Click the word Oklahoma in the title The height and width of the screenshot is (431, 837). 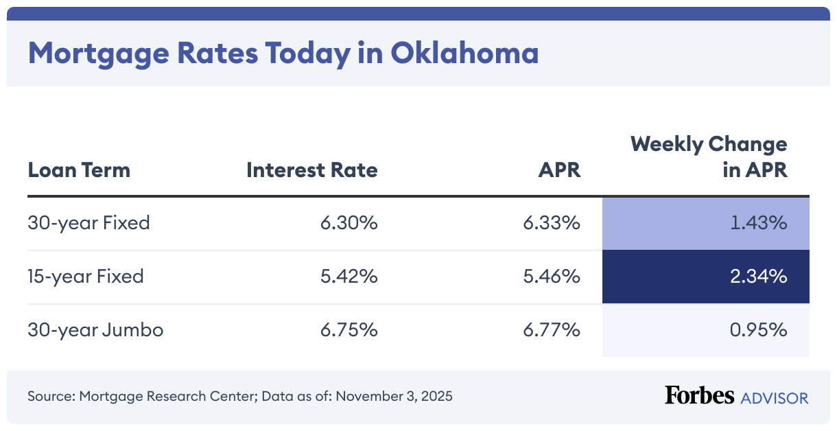pyautogui.click(x=464, y=53)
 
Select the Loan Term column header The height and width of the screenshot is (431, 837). pyautogui.click(x=79, y=170)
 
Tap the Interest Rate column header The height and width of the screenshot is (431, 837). pyautogui.click(x=312, y=170)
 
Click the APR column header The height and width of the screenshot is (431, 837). pyautogui.click(x=559, y=170)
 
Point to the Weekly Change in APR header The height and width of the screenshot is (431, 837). pyautogui.click(x=709, y=156)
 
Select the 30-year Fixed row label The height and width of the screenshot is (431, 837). pyautogui.click(x=89, y=223)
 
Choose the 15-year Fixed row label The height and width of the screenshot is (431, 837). pyautogui.click(x=86, y=277)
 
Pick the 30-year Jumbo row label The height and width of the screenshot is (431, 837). pyautogui.click(x=95, y=330)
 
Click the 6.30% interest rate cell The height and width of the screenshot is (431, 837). pyautogui.click(x=349, y=223)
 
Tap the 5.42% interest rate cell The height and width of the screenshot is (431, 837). pyautogui.click(x=349, y=277)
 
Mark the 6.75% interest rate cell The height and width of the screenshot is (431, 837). pyautogui.click(x=349, y=330)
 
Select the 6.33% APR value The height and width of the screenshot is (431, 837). pyautogui.click(x=552, y=223)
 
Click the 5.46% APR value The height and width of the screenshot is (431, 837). pyautogui.click(x=552, y=277)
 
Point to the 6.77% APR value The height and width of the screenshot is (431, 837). pyautogui.click(x=552, y=330)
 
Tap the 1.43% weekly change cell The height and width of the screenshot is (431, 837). pyautogui.click(x=757, y=223)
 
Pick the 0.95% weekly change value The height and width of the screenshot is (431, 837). pyautogui.click(x=757, y=330)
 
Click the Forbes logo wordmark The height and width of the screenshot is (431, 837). pyautogui.click(x=698, y=396)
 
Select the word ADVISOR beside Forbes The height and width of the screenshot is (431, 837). pyautogui.click(x=774, y=397)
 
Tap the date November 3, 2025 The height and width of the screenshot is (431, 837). pyautogui.click(x=394, y=397)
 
